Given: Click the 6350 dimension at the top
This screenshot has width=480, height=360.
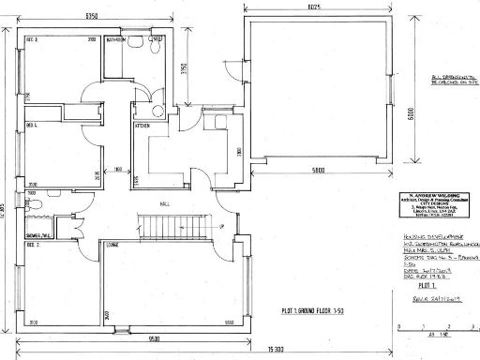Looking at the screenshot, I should (x=91, y=16).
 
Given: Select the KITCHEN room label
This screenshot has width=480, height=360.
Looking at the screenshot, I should (x=143, y=125).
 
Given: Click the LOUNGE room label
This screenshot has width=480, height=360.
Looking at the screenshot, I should (x=112, y=246).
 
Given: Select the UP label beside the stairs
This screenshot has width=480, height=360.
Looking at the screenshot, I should (x=220, y=227).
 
